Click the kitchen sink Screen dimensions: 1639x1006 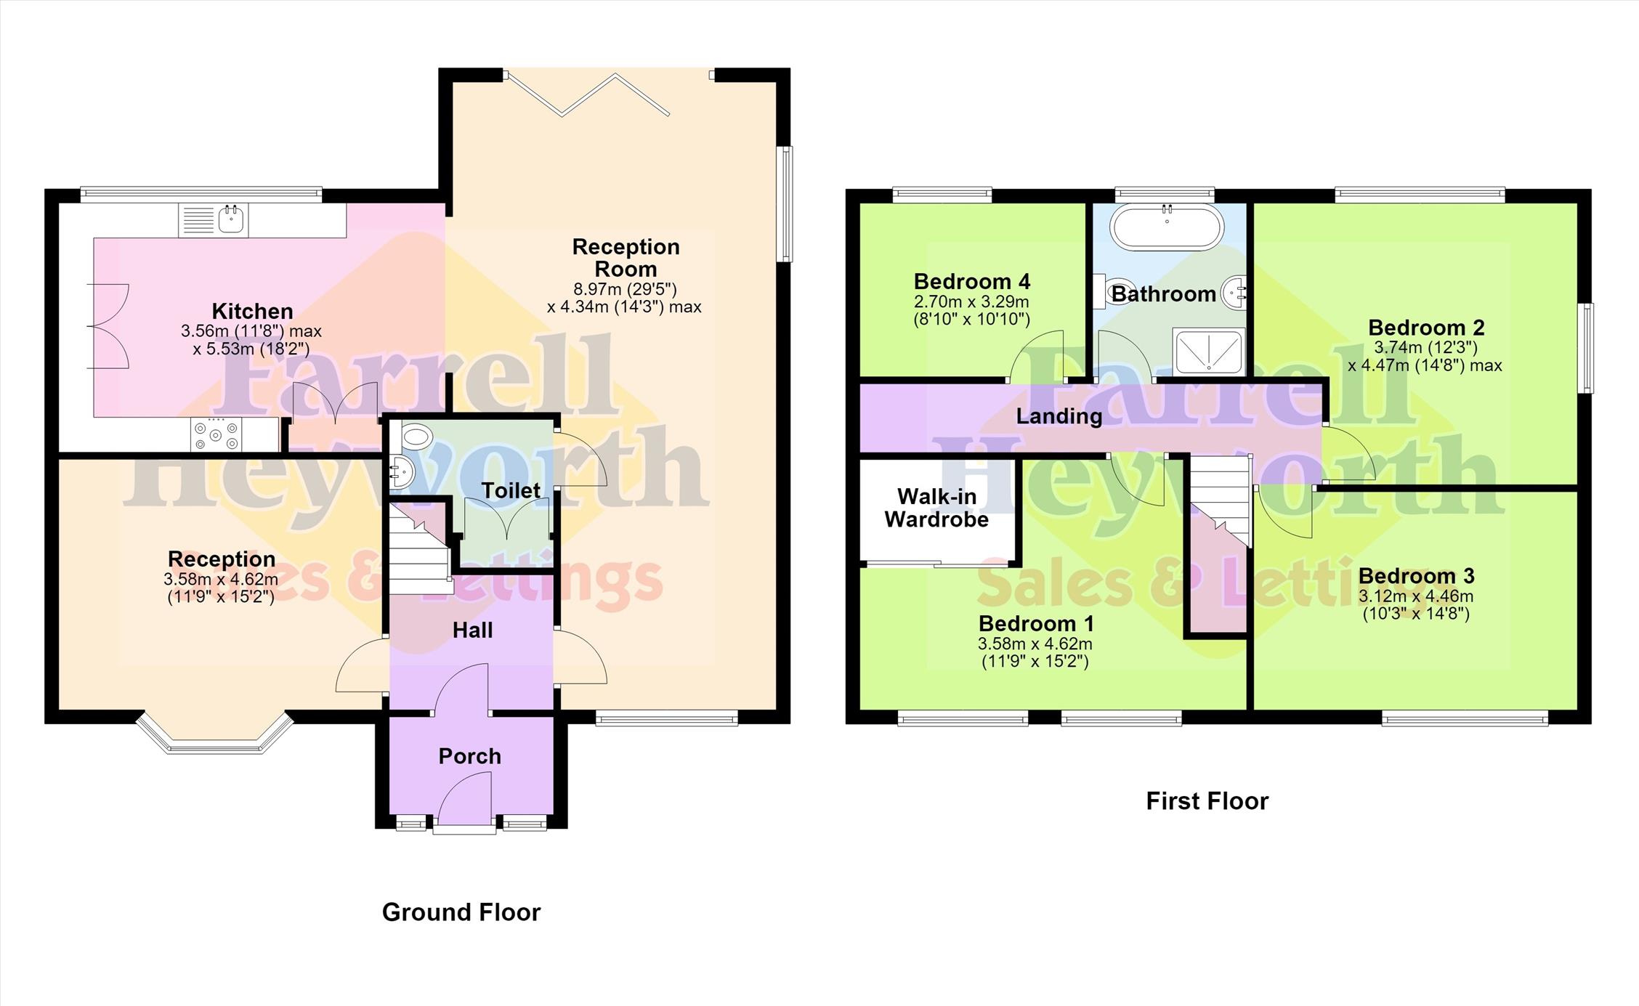[214, 220]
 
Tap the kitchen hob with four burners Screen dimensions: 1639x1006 [216, 435]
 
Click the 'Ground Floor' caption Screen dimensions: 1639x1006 [461, 912]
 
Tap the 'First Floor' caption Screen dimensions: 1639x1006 [1207, 801]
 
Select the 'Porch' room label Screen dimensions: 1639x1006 [470, 756]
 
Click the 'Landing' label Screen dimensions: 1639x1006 [1059, 416]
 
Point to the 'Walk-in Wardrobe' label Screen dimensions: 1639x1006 [936, 508]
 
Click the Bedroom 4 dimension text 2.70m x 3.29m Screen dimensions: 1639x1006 [971, 301]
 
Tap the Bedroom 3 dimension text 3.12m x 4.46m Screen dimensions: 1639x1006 [1416, 596]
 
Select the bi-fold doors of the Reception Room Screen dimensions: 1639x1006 [587, 94]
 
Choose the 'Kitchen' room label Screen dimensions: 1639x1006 [252, 312]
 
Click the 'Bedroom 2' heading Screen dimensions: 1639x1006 [1426, 328]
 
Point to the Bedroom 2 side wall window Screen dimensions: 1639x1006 [1589, 349]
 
